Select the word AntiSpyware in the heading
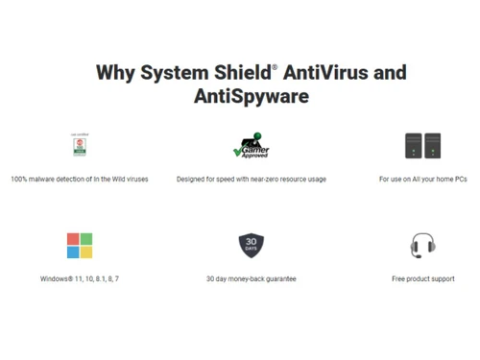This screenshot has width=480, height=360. pos(252,97)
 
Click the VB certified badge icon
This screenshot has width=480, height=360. pos(79,145)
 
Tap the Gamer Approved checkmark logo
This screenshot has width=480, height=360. pos(251,146)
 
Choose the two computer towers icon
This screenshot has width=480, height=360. pos(422,146)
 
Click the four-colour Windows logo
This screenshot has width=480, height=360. pos(80,246)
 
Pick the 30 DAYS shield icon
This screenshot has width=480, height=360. pos(251,245)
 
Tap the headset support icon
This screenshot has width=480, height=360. pos(422,246)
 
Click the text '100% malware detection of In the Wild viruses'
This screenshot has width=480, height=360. pos(80,180)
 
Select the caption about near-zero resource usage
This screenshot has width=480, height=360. pos(251,180)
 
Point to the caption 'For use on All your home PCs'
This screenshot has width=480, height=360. pos(422,180)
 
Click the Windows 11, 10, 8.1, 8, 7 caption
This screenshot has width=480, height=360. pos(80,279)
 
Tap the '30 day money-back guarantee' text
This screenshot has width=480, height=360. pos(251,279)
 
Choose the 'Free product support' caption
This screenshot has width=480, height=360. pos(422,279)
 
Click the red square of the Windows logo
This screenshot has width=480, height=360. pos(73,239)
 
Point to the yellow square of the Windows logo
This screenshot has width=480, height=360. pos(86,252)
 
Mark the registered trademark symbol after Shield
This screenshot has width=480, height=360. pos(275,67)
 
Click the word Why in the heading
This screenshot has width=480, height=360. pos(116,73)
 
